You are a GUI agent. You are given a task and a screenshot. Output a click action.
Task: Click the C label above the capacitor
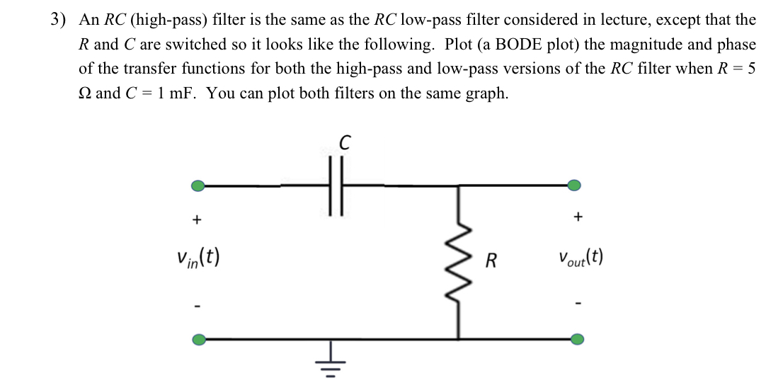pyautogui.click(x=344, y=142)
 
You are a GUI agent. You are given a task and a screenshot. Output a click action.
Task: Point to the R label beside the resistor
pyautogui.click(x=491, y=261)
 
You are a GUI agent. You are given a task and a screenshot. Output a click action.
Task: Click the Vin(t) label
pyautogui.click(x=199, y=256)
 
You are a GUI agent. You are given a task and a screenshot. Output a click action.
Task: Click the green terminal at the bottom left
pyautogui.click(x=200, y=339)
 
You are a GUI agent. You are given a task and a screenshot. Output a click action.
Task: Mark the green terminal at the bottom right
pyautogui.click(x=577, y=339)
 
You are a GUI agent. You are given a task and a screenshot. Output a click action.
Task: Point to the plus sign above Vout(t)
pyautogui.click(x=578, y=217)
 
